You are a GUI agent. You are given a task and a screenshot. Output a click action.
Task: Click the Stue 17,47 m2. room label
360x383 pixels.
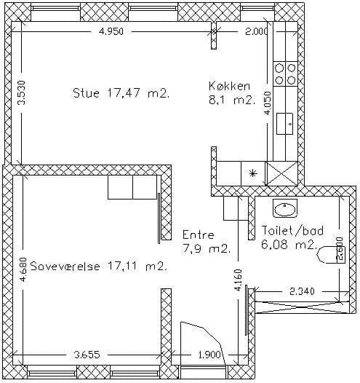pos(121,93)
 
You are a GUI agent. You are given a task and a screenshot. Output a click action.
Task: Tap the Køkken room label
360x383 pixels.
pos(230,86)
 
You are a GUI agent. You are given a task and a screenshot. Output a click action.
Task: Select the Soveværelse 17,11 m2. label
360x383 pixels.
pos(99,266)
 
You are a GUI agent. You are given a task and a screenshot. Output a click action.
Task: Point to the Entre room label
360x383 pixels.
pos(199,234)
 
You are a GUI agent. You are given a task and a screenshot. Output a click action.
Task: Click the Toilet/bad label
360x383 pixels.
pos(292,231)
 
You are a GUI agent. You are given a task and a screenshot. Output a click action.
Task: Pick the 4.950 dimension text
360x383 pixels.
pos(111,31)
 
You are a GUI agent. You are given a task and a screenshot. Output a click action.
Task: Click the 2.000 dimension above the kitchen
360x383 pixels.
pos(257,31)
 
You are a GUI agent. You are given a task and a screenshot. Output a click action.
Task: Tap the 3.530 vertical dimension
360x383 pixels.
pos(22,92)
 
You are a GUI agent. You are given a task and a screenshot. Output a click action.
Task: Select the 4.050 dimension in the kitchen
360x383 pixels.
pos(268,103)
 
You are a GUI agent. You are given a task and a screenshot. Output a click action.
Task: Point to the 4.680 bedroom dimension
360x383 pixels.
pos(23,269)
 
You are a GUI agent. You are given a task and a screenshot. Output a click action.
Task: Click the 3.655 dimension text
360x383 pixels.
pos(87,355)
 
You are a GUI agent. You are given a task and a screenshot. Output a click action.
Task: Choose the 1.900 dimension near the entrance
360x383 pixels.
pos(209,355)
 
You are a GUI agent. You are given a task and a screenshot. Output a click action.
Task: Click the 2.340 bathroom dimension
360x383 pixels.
pos(302,291)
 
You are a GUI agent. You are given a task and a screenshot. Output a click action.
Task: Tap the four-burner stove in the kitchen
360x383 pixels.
pos(285,74)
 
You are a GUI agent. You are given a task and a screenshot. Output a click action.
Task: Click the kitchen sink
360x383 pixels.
pos(284,123)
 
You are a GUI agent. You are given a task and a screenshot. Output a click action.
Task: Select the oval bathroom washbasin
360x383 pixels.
pos(285,208)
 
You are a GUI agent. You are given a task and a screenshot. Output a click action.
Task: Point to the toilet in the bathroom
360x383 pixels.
pos(331,255)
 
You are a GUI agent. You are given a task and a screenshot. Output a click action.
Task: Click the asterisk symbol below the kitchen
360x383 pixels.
pos(252,173)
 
